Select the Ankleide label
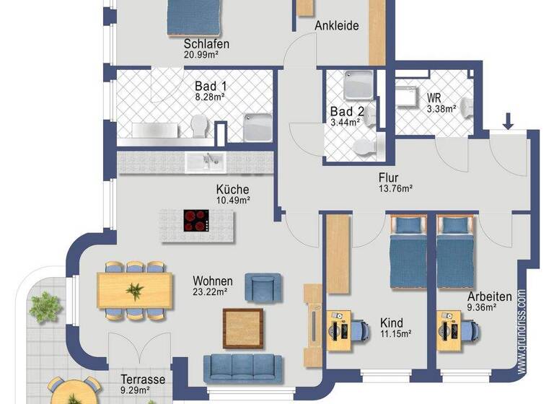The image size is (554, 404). [x=337, y=26]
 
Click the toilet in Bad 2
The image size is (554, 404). [x=364, y=146]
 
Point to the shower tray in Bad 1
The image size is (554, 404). [x=257, y=126]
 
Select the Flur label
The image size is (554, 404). [x=388, y=177]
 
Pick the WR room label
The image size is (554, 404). [x=434, y=97]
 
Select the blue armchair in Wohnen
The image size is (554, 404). [x=260, y=286]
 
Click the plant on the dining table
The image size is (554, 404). [x=135, y=291]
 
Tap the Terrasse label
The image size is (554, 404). [x=143, y=379]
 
